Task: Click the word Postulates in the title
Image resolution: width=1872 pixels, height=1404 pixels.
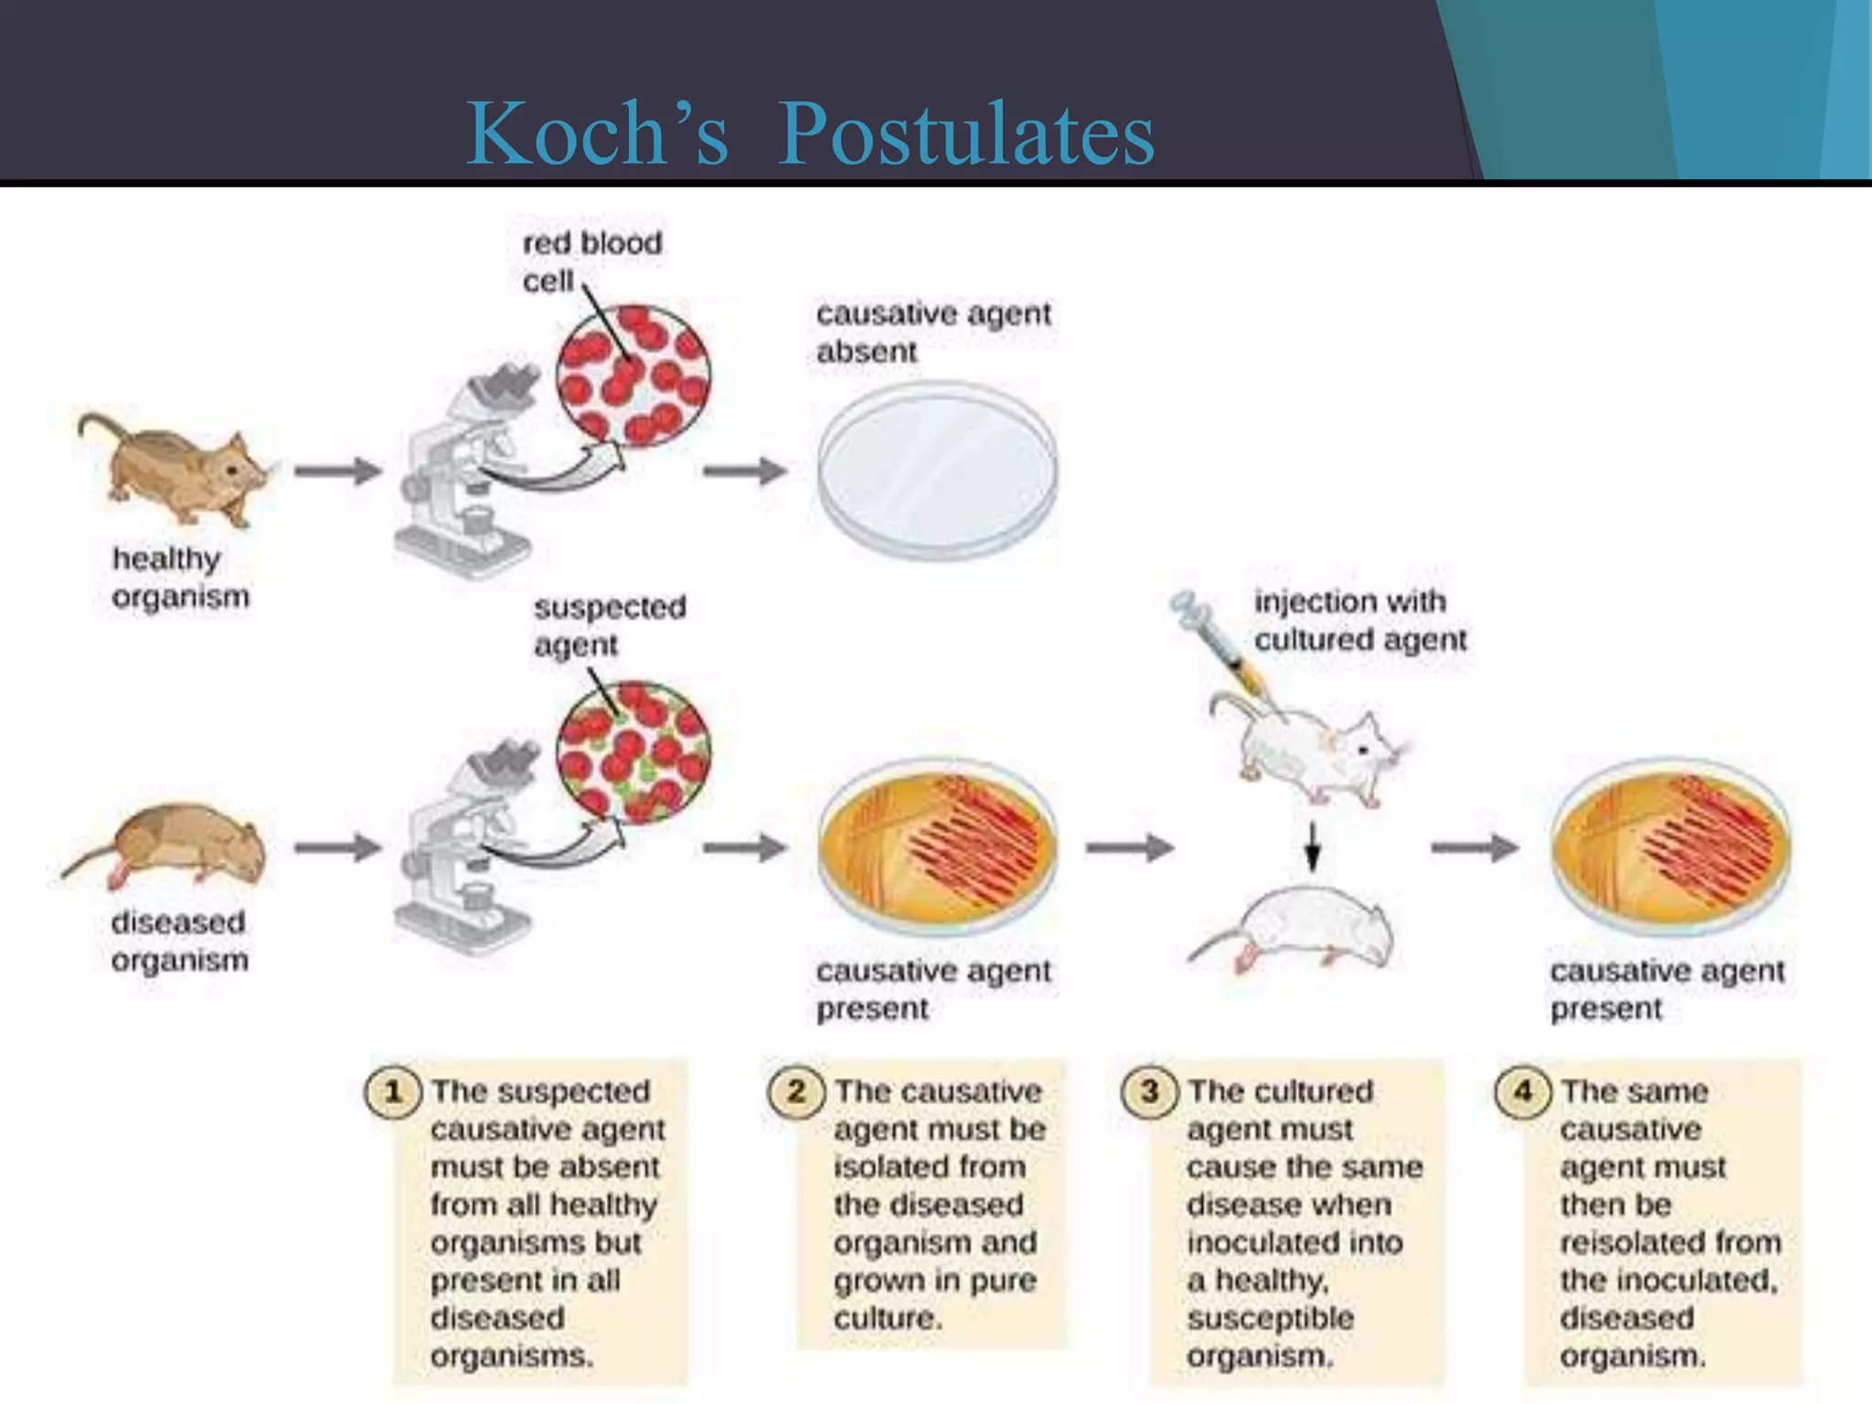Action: pyautogui.click(x=965, y=135)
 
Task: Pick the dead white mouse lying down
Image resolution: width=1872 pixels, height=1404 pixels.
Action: pyautogui.click(x=1298, y=932)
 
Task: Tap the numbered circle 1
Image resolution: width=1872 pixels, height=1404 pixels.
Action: pyautogui.click(x=393, y=1091)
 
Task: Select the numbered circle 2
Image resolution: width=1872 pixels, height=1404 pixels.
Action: pyautogui.click(x=795, y=1091)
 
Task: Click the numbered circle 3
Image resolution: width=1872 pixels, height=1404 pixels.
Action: pyautogui.click(x=1149, y=1091)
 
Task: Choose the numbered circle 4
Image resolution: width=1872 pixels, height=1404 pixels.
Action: pyautogui.click(x=1522, y=1091)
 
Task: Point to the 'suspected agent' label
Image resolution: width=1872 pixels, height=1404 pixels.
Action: pyautogui.click(x=609, y=626)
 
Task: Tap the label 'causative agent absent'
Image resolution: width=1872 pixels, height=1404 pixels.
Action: pyautogui.click(x=932, y=332)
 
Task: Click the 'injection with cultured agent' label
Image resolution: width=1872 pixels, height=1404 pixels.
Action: pyautogui.click(x=1359, y=621)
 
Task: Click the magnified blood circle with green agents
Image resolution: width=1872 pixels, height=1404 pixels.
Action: pyautogui.click(x=633, y=751)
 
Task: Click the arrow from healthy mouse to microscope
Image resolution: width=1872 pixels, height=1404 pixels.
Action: pyautogui.click(x=337, y=471)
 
